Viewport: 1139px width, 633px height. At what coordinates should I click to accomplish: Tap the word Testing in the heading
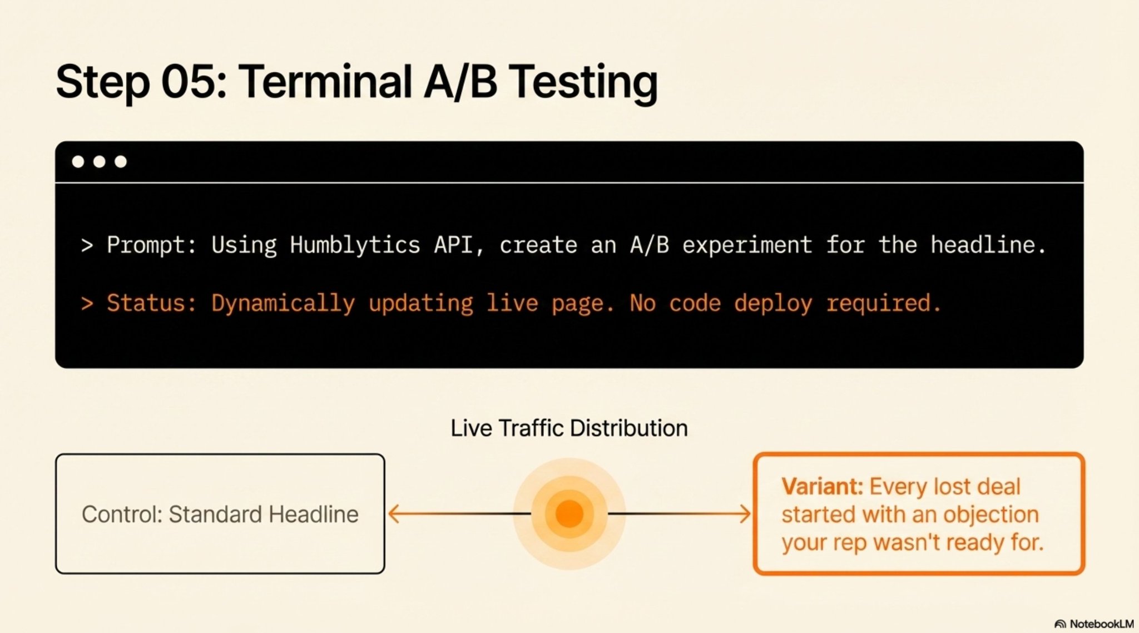click(x=583, y=83)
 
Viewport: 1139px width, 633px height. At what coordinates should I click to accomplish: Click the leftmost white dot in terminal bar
click(x=78, y=161)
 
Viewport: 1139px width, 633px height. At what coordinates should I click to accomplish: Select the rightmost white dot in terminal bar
click(x=121, y=161)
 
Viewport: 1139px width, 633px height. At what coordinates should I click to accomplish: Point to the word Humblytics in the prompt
click(x=355, y=245)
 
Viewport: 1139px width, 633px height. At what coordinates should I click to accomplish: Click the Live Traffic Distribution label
click(x=569, y=428)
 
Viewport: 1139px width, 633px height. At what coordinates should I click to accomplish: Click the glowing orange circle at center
click(x=569, y=513)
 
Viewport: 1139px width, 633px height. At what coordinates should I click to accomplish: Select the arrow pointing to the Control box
click(x=459, y=513)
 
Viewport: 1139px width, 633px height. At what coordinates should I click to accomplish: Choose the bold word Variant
click(x=822, y=487)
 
